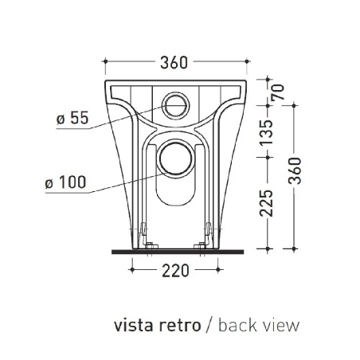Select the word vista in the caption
pyautogui.click(x=132, y=325)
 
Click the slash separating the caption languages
pyautogui.click(x=209, y=325)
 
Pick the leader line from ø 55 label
pyautogui.click(x=127, y=118)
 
